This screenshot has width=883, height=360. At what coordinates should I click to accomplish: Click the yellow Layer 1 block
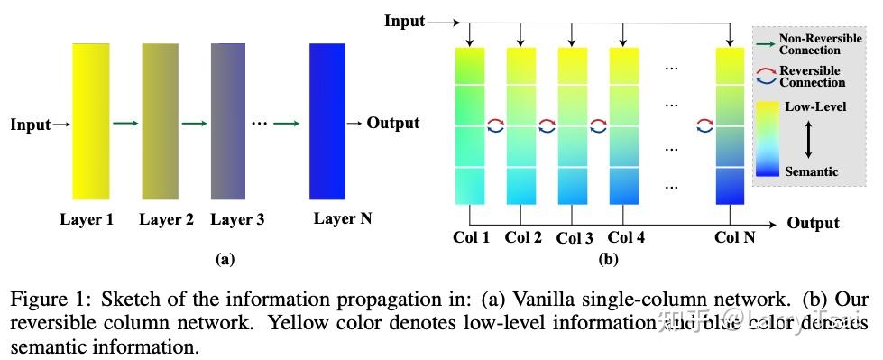91,121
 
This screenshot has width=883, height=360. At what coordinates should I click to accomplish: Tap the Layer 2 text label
166,218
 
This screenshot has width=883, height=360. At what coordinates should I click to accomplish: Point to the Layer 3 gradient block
228,121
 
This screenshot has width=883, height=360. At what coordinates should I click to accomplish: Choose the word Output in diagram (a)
392,123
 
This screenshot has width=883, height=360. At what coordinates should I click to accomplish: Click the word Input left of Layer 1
31,125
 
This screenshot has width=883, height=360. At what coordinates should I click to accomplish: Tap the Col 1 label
470,237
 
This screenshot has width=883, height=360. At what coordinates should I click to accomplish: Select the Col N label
734,237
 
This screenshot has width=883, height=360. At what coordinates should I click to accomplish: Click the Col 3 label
575,238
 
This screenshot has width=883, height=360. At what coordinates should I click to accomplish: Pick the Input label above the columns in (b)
404,20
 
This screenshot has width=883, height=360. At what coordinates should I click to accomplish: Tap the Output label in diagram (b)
813,223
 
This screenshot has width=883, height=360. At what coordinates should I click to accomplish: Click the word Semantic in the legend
812,171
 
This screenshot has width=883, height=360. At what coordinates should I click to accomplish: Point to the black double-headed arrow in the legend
809,139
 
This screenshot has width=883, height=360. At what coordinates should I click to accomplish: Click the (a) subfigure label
225,259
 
